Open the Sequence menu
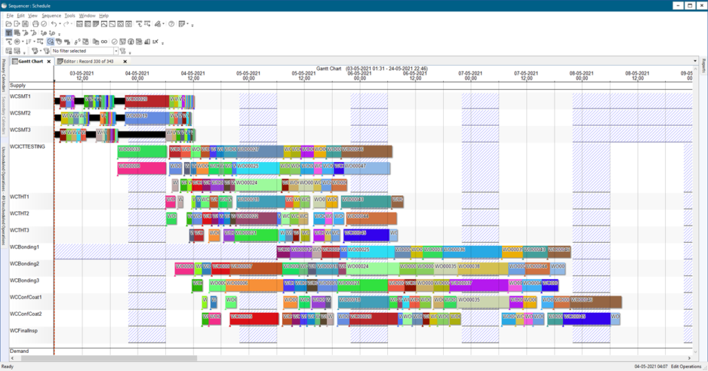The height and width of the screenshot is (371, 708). point(51,15)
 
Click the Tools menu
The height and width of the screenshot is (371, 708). point(70,15)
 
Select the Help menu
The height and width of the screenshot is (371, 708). point(104,15)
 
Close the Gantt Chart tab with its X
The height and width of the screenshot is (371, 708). point(48,62)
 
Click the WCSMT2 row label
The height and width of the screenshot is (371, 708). point(20,113)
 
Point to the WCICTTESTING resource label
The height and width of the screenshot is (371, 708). point(28,147)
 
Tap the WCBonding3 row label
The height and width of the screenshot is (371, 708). point(24,280)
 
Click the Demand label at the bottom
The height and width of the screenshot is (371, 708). point(19,351)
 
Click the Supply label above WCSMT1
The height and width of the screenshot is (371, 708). point(18,85)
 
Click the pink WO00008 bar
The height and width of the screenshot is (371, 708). point(142,168)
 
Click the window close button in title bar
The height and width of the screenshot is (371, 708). point(700,5)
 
